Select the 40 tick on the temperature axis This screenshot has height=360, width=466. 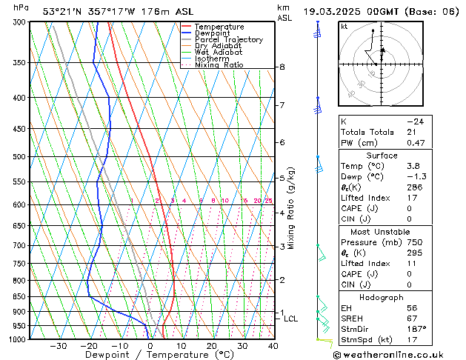(x=273, y=346)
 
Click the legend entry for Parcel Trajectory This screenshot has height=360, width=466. (x=228, y=40)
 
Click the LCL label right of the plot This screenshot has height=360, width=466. (x=291, y=319)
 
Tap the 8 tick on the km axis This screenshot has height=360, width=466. (x=282, y=67)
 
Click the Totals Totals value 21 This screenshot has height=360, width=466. (x=411, y=132)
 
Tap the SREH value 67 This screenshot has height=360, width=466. (x=412, y=318)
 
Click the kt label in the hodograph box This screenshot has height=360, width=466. (x=344, y=26)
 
